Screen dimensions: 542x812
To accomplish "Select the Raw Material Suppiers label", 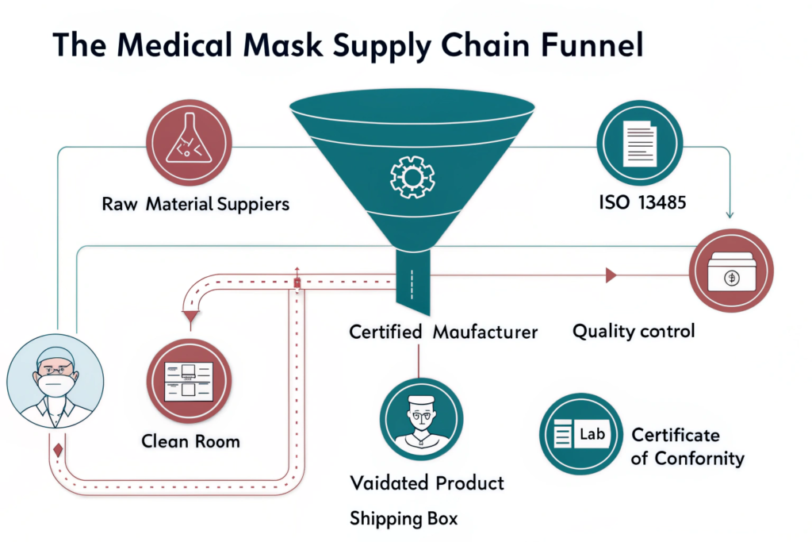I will click(x=196, y=204).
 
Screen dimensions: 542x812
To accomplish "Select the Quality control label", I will click(x=634, y=330).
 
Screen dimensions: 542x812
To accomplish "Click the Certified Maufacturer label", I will click(x=443, y=332).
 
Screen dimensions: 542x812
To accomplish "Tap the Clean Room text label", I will click(x=190, y=440).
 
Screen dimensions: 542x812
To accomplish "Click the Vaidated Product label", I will click(x=427, y=482).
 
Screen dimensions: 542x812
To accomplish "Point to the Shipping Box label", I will click(x=404, y=519).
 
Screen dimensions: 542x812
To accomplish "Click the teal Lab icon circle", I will click(x=580, y=434).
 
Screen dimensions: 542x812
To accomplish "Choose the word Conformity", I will click(x=698, y=459).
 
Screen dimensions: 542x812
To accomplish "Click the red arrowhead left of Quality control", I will click(x=611, y=275).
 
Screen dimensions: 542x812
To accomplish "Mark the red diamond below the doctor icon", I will click(x=57, y=452).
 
